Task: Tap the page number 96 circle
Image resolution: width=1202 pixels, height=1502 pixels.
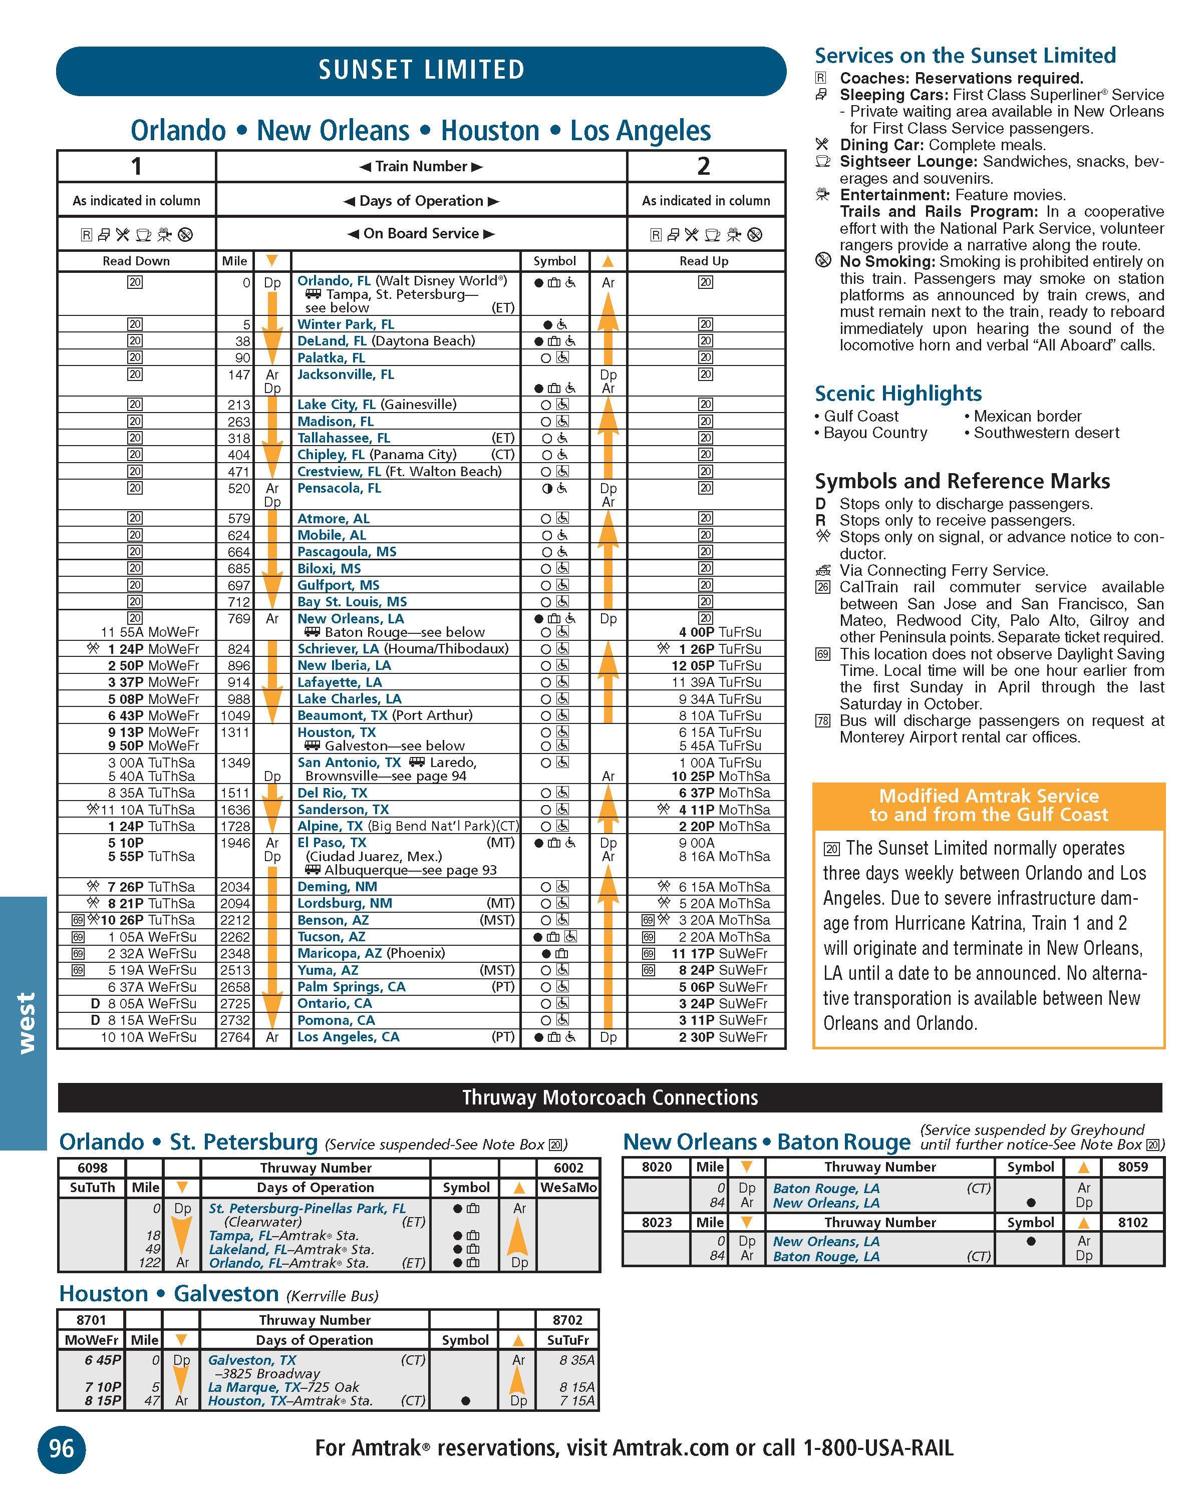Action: [61, 1449]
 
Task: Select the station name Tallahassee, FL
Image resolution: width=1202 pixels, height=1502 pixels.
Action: [344, 438]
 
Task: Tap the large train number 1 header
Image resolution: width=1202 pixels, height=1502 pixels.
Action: [137, 167]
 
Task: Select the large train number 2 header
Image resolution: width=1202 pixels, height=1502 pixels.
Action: [704, 167]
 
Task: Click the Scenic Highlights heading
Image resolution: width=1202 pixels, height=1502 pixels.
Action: [898, 394]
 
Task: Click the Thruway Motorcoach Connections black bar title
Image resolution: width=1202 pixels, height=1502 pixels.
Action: [610, 1098]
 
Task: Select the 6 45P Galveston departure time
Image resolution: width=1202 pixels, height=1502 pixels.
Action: [103, 1360]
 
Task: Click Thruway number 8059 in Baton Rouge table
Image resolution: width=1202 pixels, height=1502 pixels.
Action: [1133, 1167]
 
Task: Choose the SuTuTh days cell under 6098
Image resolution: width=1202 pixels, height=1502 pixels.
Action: [93, 1188]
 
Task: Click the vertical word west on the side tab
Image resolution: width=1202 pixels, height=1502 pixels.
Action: [25, 1023]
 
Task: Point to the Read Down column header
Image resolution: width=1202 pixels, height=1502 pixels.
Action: [137, 261]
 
